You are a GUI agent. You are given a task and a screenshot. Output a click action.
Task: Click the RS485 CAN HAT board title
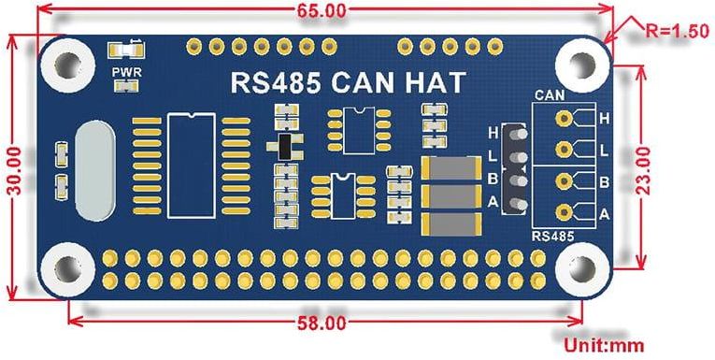(x=347, y=82)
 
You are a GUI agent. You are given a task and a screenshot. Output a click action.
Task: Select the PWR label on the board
(x=122, y=71)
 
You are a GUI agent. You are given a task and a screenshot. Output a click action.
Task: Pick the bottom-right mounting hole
(x=577, y=266)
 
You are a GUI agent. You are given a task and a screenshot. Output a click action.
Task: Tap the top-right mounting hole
(x=577, y=62)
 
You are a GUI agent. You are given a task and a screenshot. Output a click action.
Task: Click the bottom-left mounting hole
(x=68, y=266)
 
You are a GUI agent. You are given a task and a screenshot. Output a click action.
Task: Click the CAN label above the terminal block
(x=548, y=94)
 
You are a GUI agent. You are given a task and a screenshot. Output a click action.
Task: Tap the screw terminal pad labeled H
(x=564, y=120)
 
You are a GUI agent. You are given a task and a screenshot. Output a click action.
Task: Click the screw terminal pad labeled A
(x=564, y=211)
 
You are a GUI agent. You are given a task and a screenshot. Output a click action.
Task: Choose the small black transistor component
(x=283, y=147)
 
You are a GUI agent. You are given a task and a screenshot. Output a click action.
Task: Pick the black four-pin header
(x=512, y=169)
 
